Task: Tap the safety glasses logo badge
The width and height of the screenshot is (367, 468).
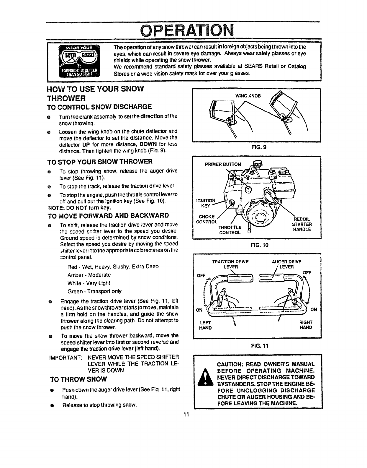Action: (x=79, y=61)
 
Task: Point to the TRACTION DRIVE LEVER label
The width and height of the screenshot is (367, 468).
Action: (x=230, y=264)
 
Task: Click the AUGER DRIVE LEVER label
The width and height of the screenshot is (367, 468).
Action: (x=286, y=264)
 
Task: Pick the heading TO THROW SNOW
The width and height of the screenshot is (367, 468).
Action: (x=78, y=379)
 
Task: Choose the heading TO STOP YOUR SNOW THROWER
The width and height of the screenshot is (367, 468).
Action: (x=100, y=162)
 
